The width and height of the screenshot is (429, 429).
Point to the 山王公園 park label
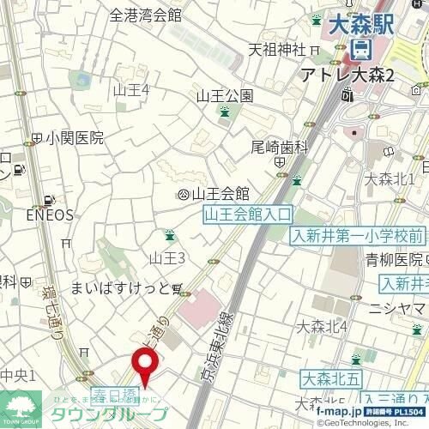(224, 95)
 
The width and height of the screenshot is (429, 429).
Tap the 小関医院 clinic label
(76, 137)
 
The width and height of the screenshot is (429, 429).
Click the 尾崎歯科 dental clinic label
(279, 147)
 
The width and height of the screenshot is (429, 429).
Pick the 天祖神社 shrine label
(276, 48)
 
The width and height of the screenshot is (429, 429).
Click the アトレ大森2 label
(347, 76)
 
